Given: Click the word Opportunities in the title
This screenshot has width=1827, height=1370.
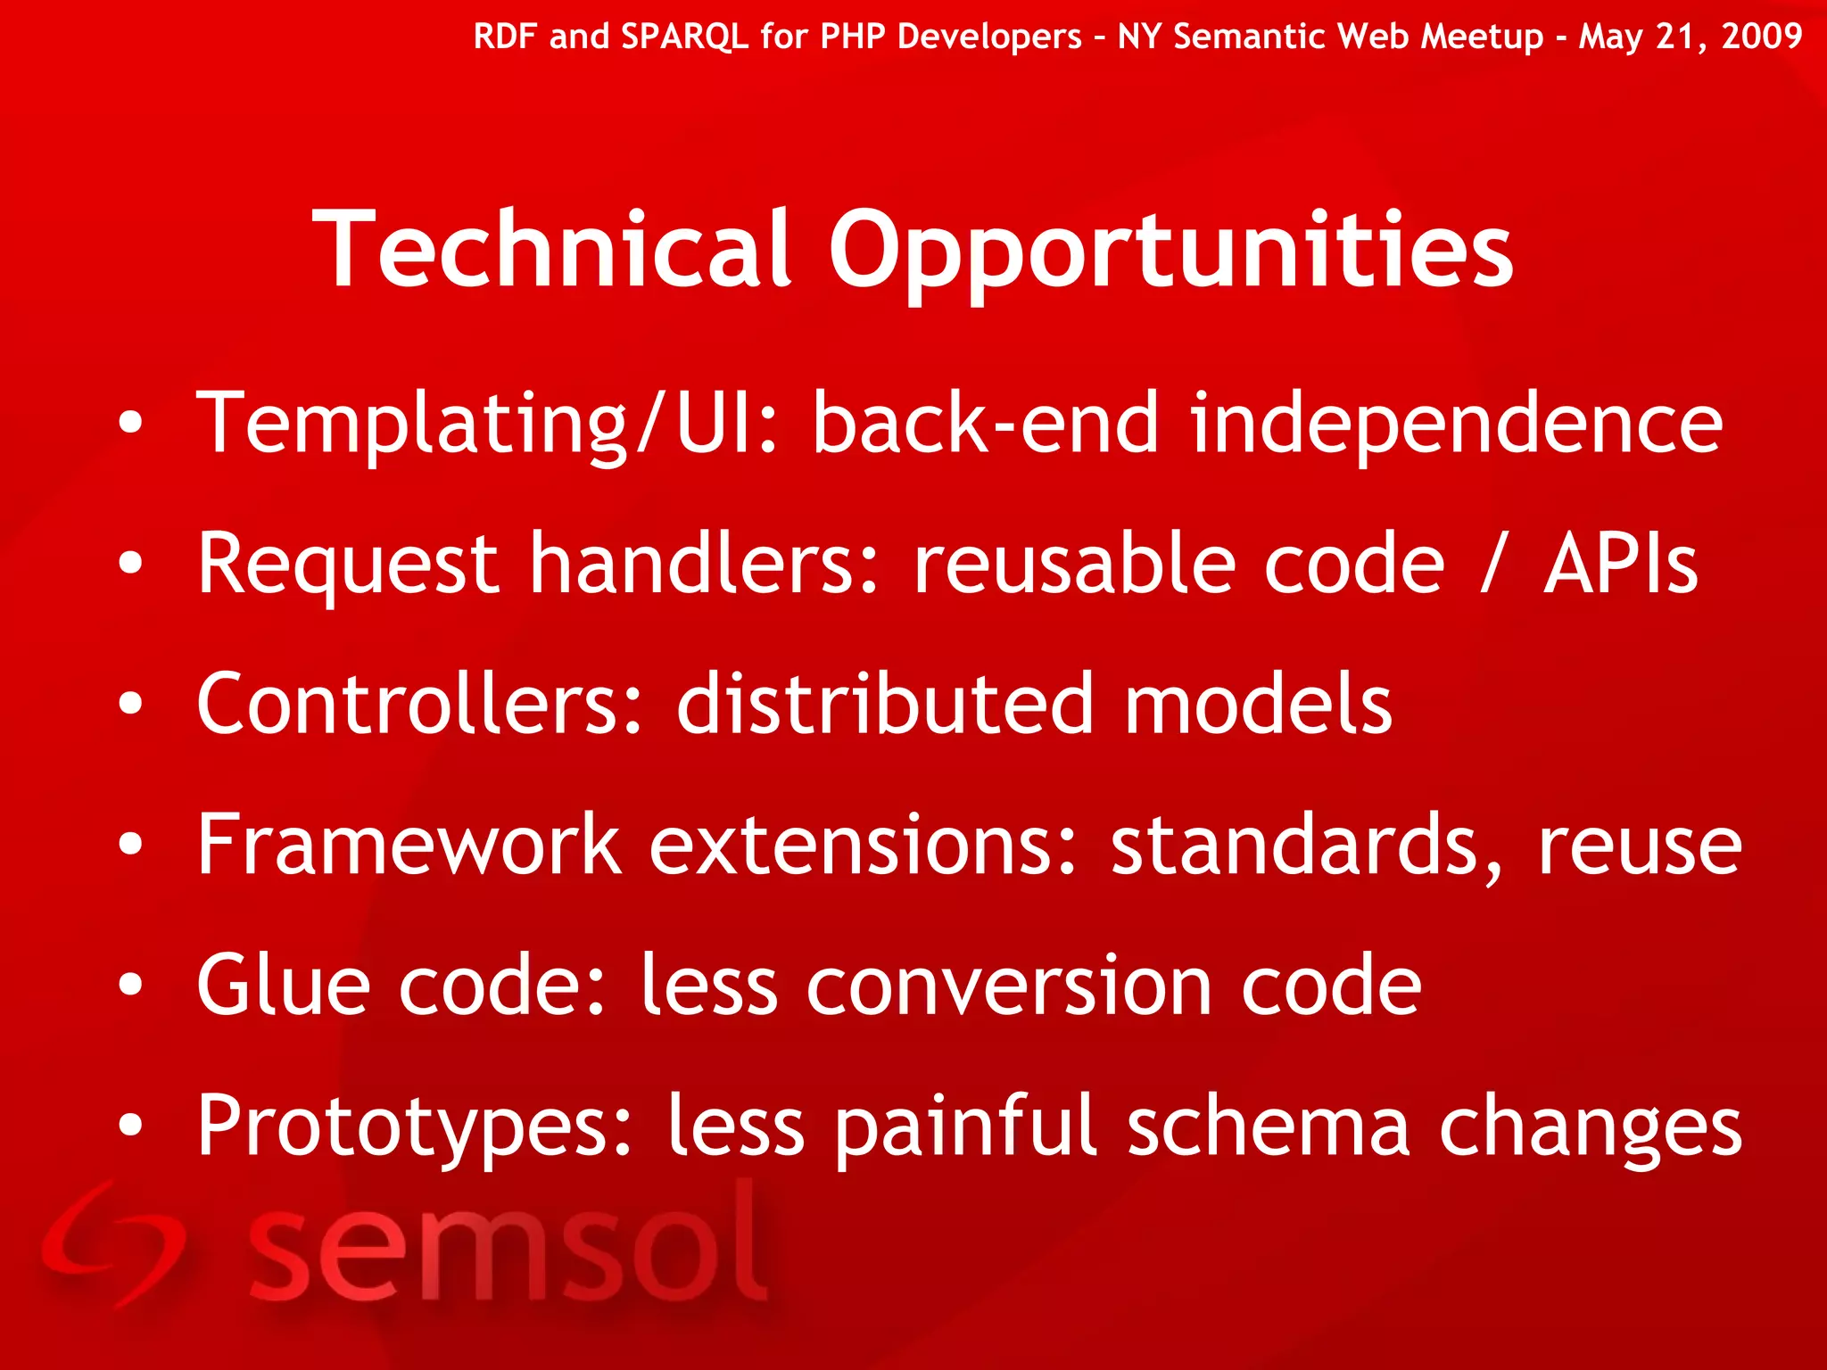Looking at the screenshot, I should coord(1170,252).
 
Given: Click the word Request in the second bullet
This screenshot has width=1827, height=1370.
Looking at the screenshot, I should coord(347,564).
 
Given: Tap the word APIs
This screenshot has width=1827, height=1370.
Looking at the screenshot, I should coord(1621,564).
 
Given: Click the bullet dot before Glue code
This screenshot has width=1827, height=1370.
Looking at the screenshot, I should coord(130,985).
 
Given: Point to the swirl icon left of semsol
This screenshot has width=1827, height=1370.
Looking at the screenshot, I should coord(112,1244).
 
